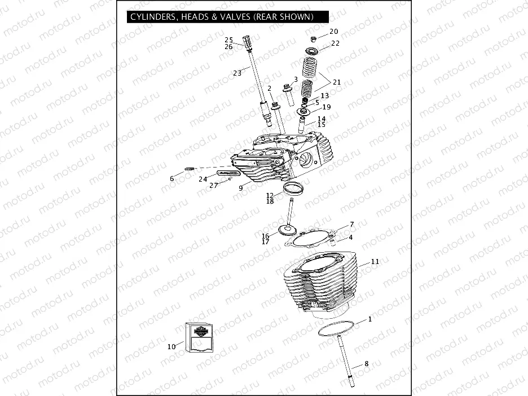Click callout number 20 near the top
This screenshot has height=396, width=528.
tap(334, 32)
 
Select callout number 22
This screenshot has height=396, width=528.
tap(335, 43)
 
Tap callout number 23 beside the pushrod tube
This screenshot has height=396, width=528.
tap(237, 73)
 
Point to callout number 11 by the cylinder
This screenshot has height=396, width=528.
tap(375, 262)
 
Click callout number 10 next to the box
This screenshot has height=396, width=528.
tap(171, 347)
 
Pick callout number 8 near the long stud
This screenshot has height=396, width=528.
tap(366, 364)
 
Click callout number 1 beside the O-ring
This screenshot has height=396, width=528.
tap(369, 320)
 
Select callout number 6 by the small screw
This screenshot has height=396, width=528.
tap(172, 179)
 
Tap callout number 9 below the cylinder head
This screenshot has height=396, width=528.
tap(240, 188)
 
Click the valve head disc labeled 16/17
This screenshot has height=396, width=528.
tap(288, 230)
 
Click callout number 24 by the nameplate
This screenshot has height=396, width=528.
tap(203, 179)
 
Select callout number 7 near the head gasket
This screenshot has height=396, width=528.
tap(351, 224)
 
